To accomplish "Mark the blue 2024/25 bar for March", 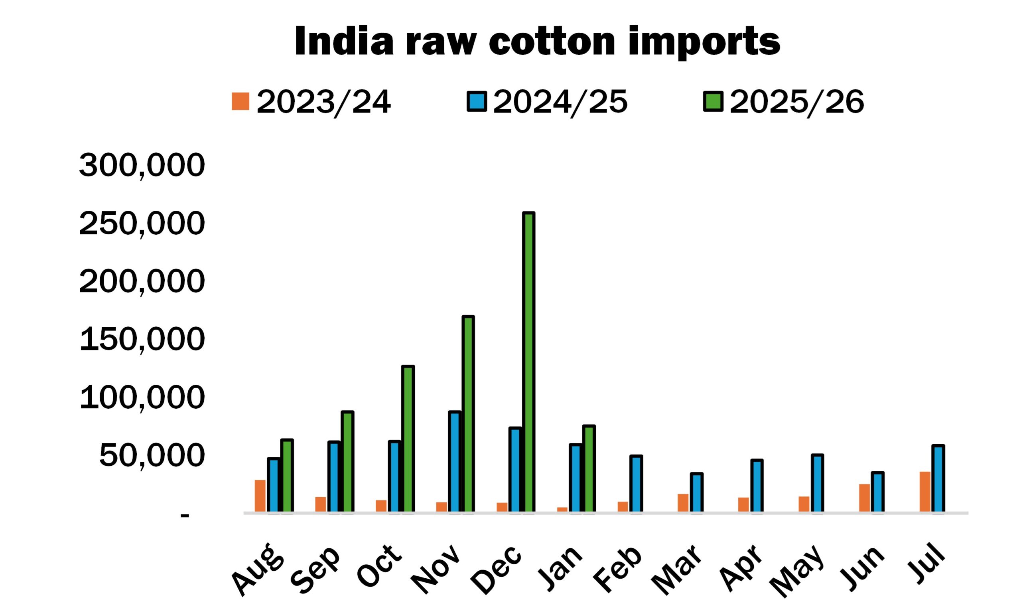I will [697, 492].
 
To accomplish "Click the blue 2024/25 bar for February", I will [636, 484].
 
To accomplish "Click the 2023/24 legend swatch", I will [240, 101].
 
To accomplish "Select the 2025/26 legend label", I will [796, 102].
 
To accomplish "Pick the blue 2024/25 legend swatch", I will [477, 102].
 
